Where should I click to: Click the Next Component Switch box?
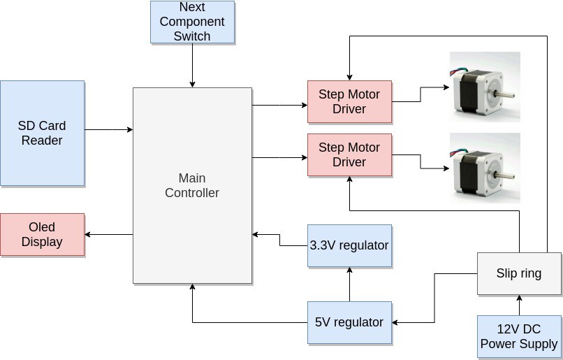192,22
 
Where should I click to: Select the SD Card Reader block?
42,133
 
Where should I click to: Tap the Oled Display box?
42,235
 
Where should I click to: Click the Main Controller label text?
192,185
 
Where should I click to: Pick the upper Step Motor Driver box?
349,101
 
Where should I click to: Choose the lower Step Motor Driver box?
349,155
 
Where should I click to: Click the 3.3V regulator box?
349,245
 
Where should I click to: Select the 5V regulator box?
349,322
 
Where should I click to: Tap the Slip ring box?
519,273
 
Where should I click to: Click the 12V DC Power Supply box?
519,337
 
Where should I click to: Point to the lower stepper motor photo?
484,168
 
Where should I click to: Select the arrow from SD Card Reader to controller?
108,129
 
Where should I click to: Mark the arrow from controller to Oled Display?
108,235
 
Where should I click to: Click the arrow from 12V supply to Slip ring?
519,305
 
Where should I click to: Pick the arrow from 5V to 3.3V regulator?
349,284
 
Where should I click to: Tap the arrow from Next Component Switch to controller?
192,66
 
